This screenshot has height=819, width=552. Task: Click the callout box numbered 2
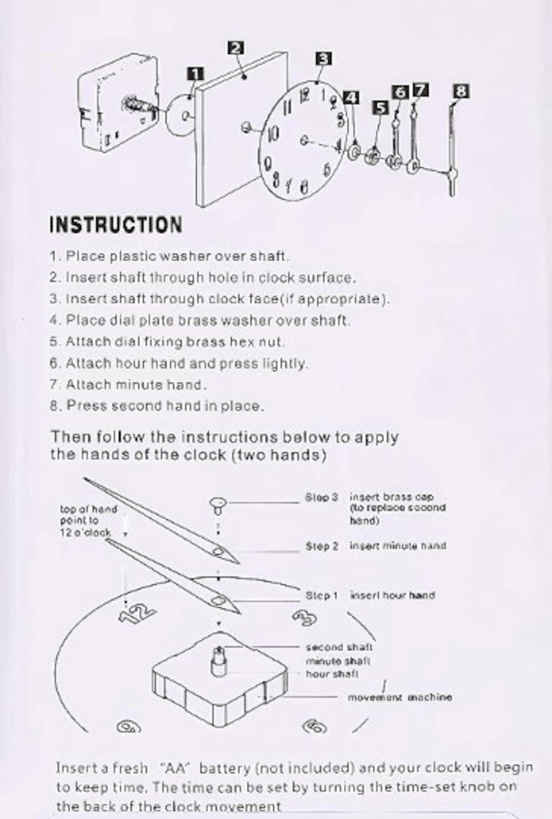[236, 48]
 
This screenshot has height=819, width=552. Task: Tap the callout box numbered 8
[461, 91]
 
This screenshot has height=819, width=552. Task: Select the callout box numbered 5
[380, 108]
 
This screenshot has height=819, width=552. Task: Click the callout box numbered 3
[323, 59]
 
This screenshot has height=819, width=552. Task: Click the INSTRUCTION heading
[116, 225]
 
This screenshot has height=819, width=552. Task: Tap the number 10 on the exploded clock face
[273, 134]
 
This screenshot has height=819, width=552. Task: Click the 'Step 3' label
[322, 497]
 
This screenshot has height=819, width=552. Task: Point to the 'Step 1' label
[322, 595]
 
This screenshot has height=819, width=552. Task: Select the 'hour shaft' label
[332, 674]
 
